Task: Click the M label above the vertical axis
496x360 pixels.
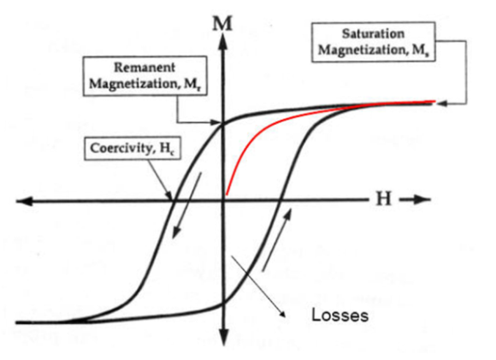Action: pos(222,24)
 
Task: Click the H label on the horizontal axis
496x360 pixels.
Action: pos(384,199)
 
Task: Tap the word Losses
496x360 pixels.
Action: pos(340,316)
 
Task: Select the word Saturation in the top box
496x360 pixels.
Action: pos(373,33)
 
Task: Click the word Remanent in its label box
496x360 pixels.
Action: pos(145,68)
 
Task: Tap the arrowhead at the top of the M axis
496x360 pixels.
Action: pos(224,41)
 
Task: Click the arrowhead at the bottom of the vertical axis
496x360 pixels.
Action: pos(224,337)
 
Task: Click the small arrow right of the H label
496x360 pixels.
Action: pos(415,199)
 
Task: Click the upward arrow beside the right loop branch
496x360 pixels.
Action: pos(276,240)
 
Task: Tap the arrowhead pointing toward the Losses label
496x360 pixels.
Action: pos(282,313)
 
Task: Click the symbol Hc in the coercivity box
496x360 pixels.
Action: pos(167,149)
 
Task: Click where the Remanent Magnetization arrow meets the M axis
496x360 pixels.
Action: pos(222,122)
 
